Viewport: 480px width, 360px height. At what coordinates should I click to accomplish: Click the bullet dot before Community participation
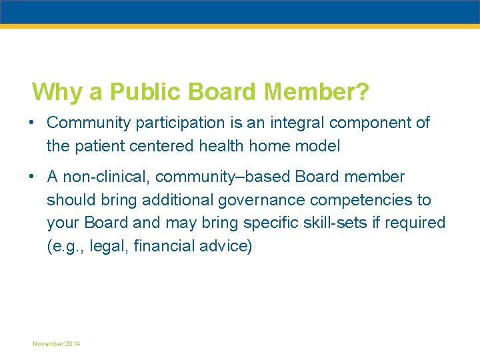pos(31,123)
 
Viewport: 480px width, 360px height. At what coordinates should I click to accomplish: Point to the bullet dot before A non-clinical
pos(31,177)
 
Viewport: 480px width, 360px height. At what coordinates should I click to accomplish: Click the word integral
pos(295,123)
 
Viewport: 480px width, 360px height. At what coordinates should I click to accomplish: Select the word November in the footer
pos(49,344)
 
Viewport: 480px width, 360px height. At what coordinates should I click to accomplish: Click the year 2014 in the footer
pos(73,344)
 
